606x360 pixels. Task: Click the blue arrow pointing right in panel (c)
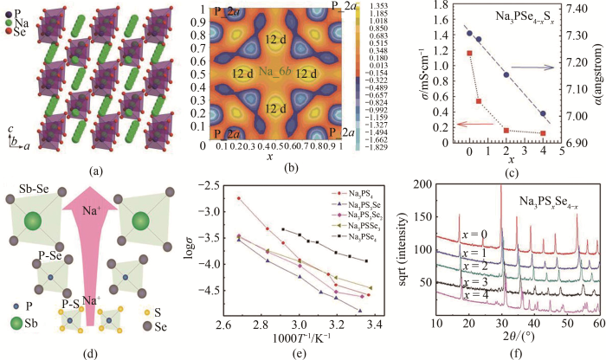coord(544,65)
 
